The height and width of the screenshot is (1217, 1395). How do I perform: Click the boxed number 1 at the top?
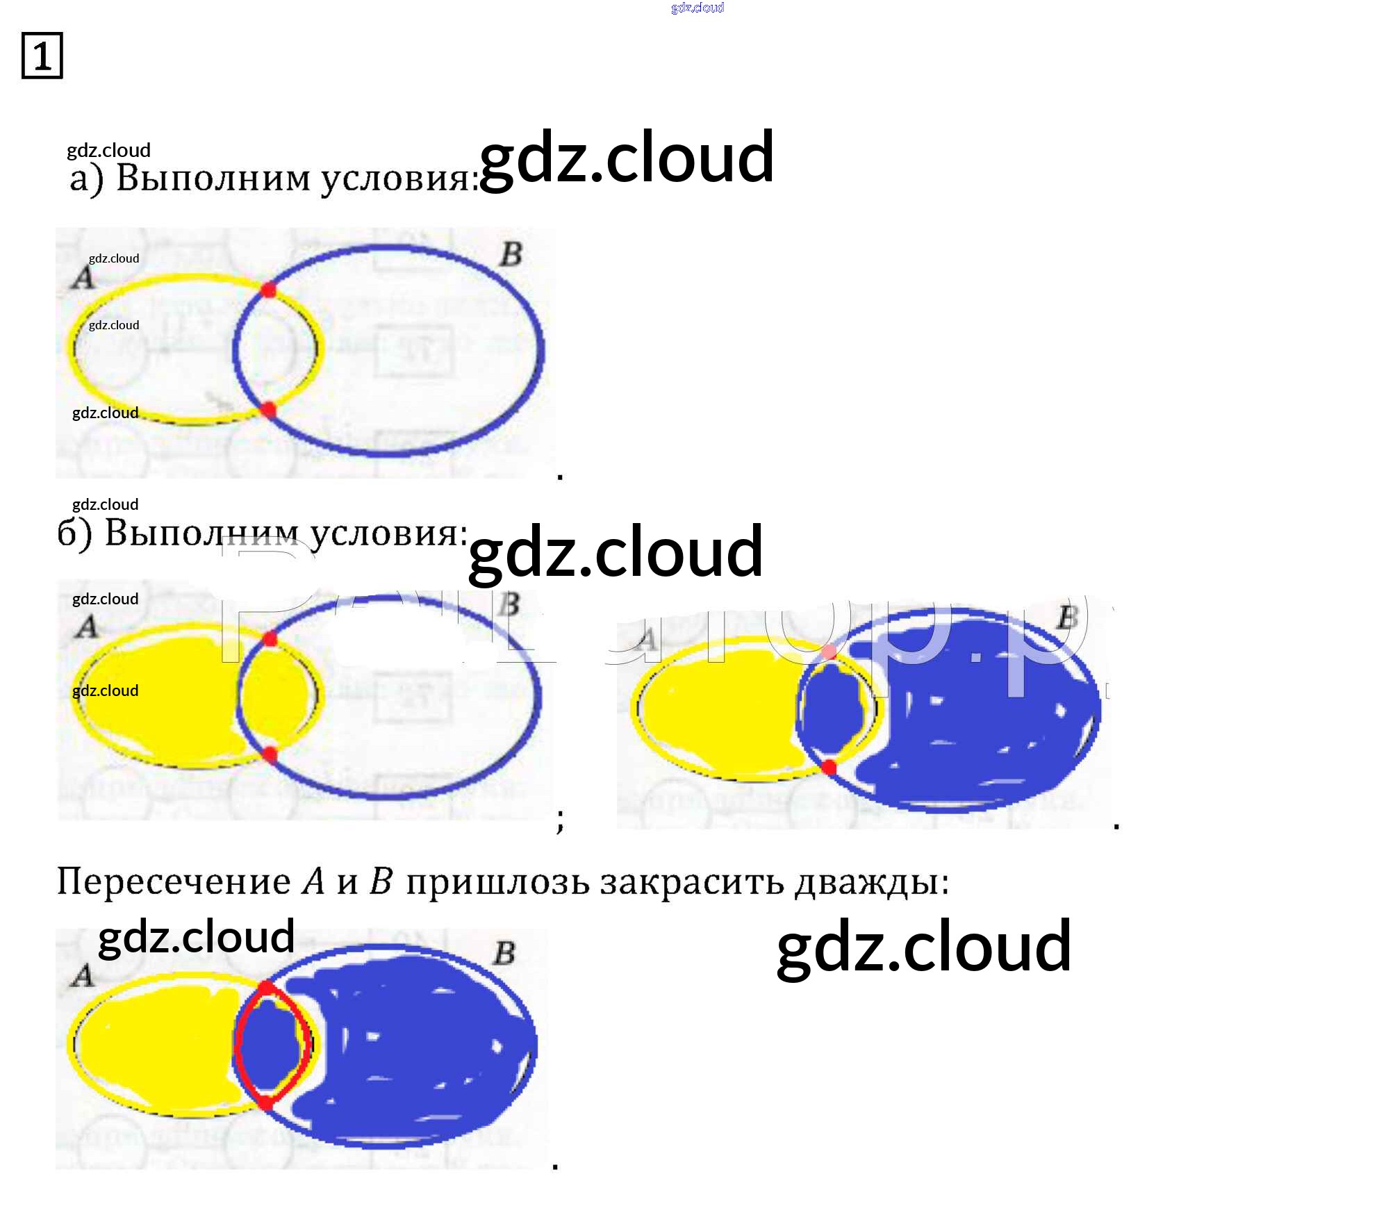(x=42, y=56)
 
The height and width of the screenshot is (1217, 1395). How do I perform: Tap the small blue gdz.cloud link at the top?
(x=697, y=8)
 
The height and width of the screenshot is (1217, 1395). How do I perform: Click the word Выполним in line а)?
(x=213, y=178)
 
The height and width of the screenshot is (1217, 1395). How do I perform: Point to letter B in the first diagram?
(x=511, y=254)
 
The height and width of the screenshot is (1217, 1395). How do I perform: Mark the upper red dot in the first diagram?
(x=268, y=290)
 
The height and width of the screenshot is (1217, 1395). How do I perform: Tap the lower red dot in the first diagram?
(x=268, y=410)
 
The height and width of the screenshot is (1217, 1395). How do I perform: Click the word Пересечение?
(x=174, y=882)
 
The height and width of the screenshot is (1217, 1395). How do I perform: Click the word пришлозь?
(x=497, y=882)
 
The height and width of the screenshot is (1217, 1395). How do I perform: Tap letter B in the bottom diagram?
(x=504, y=953)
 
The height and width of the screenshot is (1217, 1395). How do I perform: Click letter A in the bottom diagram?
(x=83, y=976)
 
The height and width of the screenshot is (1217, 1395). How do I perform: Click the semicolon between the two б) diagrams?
(x=560, y=820)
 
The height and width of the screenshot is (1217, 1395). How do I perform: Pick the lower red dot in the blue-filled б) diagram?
(x=828, y=767)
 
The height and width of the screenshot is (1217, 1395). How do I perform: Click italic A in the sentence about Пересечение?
(x=314, y=882)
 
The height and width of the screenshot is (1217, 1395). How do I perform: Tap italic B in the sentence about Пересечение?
(x=381, y=882)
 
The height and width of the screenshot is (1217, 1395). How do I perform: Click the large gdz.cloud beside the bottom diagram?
(x=923, y=946)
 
